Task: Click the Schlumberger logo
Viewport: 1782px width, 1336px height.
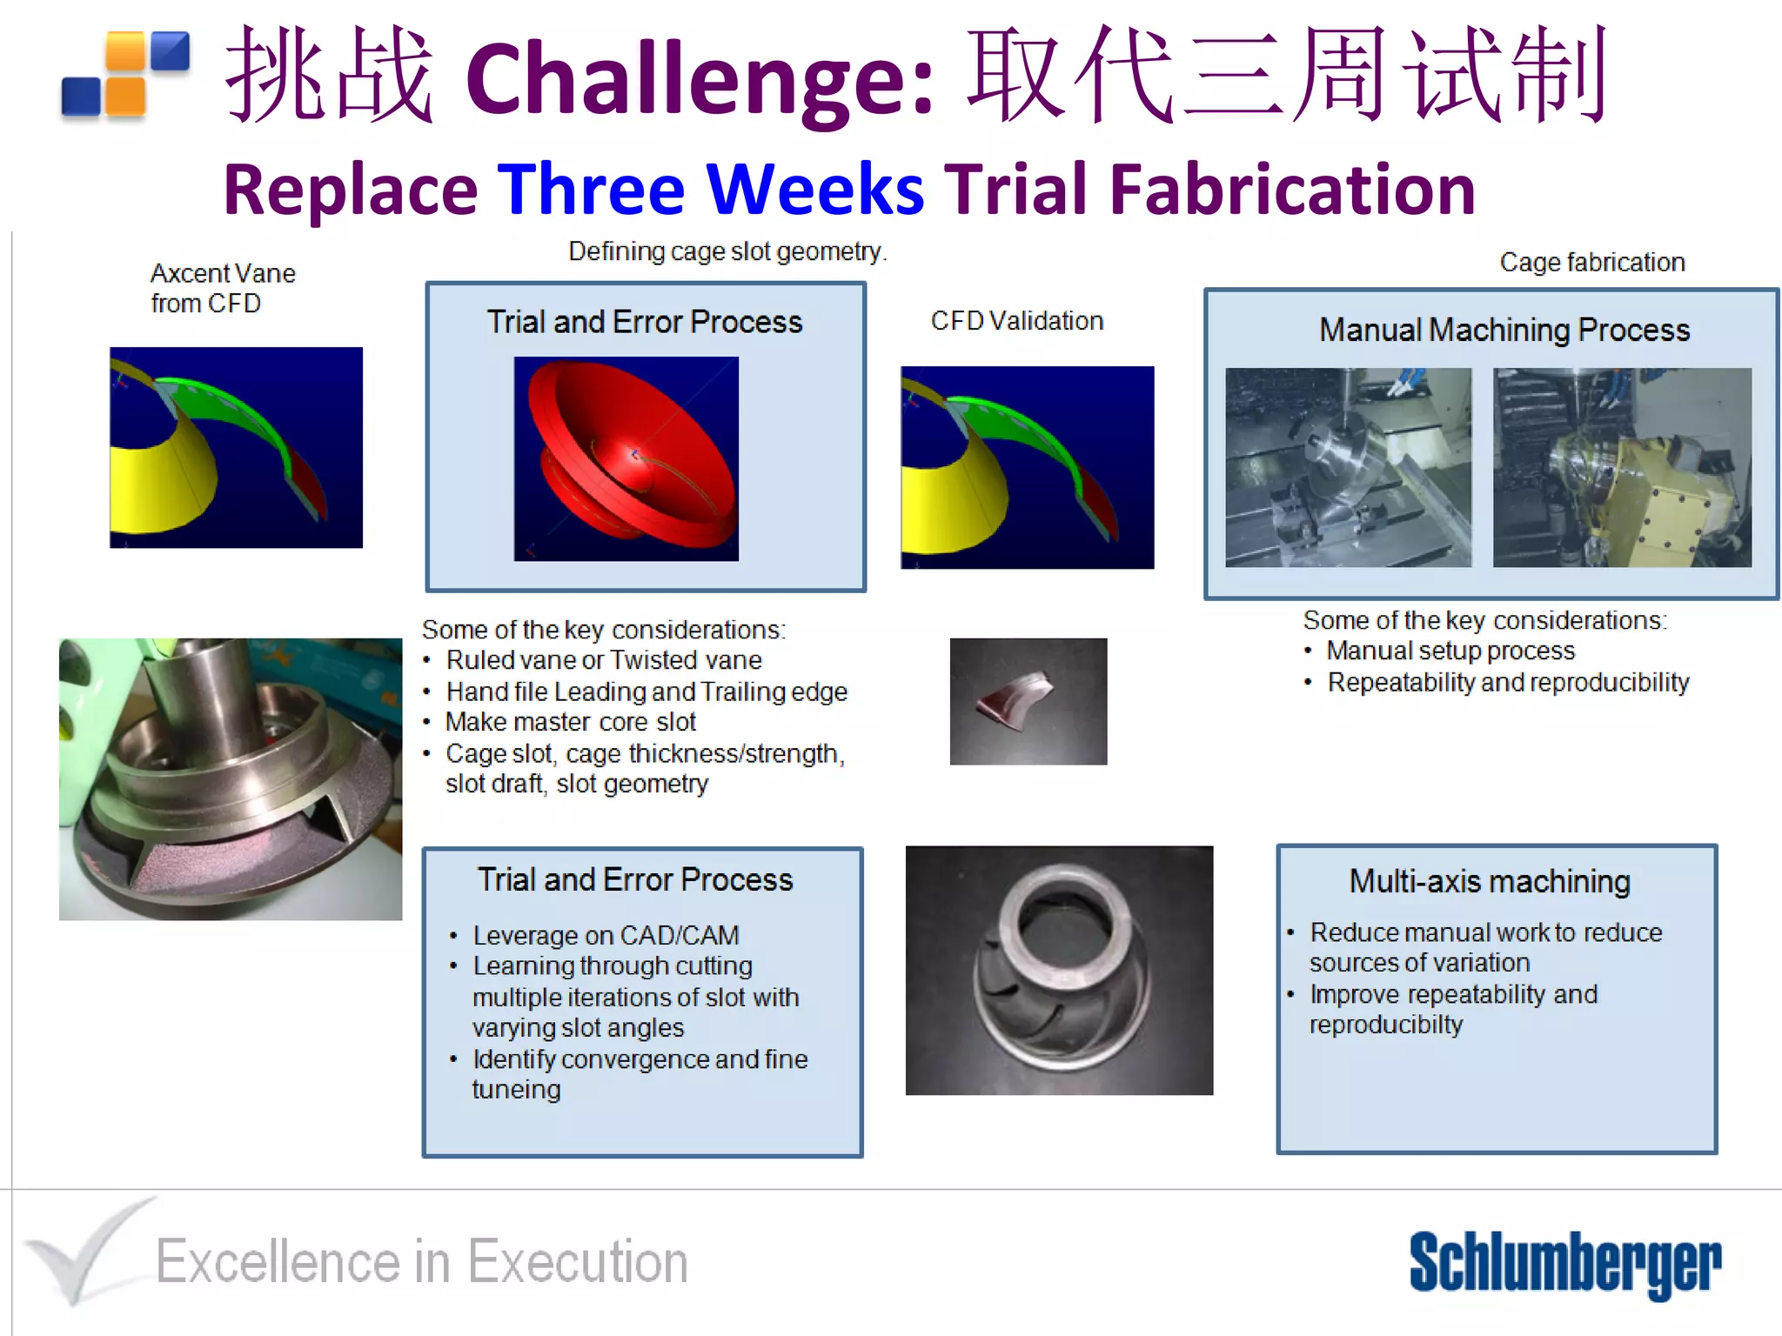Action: click(x=1564, y=1263)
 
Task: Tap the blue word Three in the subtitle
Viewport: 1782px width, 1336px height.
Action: click(x=592, y=189)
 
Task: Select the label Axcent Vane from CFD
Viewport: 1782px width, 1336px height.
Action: click(x=222, y=288)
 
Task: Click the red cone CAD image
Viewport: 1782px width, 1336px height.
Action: click(x=626, y=458)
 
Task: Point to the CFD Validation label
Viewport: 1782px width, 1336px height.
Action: click(x=1016, y=321)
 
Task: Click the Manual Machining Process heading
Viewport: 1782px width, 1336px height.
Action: click(x=1504, y=331)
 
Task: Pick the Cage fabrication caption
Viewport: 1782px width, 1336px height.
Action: click(x=1591, y=263)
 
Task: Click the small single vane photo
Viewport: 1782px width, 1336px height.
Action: click(x=1028, y=701)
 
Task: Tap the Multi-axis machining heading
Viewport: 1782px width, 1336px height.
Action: click(x=1489, y=881)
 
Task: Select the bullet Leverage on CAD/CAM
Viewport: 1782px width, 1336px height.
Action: click(x=606, y=935)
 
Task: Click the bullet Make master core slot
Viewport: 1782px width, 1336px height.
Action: click(x=570, y=722)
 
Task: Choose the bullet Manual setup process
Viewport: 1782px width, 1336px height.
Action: click(x=1450, y=651)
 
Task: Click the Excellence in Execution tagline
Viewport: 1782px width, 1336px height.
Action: click(x=421, y=1261)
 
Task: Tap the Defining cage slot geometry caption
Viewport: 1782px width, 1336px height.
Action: click(x=727, y=251)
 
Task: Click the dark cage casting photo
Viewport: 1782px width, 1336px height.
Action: click(x=1059, y=970)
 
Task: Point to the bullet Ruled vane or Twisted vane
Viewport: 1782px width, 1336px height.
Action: click(x=603, y=660)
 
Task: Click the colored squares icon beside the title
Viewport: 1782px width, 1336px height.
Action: click(x=125, y=75)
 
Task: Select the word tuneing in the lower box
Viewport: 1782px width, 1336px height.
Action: click(x=516, y=1090)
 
